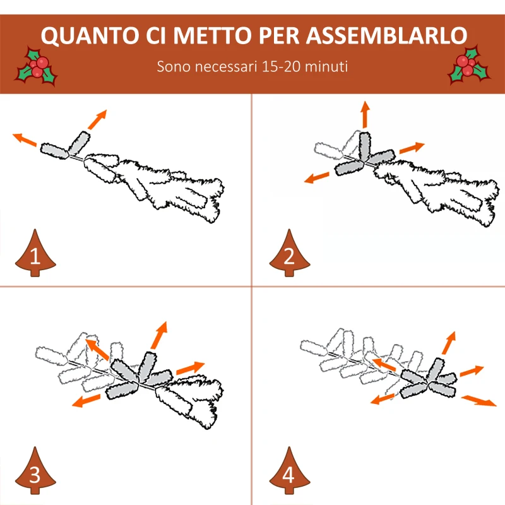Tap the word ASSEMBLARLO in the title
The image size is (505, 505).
tap(388, 37)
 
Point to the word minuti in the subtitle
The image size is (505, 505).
tap(328, 66)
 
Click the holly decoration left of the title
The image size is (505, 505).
tap(37, 68)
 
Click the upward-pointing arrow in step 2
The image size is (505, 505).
tap(365, 115)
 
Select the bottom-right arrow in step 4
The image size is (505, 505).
tap(479, 400)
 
